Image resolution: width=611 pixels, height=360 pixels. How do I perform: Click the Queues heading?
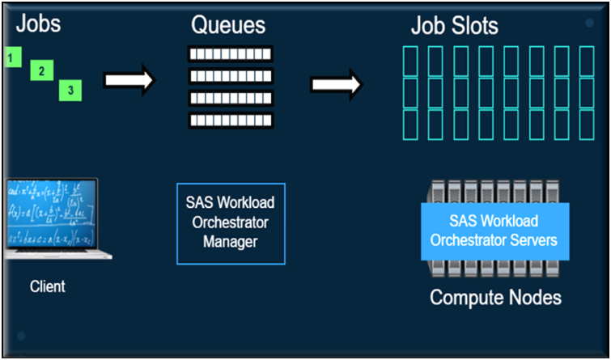click(228, 25)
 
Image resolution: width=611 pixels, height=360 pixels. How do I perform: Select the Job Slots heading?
click(454, 27)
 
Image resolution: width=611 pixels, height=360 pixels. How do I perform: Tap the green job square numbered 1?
click(10, 57)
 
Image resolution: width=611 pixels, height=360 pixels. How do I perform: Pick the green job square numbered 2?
click(41, 71)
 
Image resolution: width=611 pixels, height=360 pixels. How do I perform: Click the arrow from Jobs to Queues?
click(128, 80)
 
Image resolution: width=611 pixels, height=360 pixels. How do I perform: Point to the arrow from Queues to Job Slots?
click(335, 85)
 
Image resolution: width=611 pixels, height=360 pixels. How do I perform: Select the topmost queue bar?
click(231, 54)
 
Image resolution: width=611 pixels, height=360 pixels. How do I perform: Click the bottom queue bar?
click(231, 120)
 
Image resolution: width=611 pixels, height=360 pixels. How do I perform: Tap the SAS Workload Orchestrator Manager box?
click(231, 223)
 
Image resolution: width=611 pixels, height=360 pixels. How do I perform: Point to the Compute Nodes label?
click(495, 298)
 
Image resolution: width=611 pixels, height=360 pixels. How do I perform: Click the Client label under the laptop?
click(47, 286)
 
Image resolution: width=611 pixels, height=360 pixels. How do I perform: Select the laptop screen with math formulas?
click(50, 214)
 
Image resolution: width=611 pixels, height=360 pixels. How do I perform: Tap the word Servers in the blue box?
click(527, 239)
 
